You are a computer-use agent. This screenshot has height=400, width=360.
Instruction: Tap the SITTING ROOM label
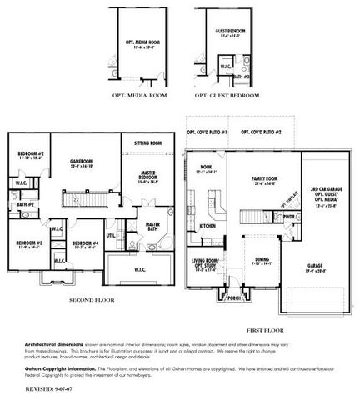148,142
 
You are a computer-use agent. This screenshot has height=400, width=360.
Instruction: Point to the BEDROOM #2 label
30,154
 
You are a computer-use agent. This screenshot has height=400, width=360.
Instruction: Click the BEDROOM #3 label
29,243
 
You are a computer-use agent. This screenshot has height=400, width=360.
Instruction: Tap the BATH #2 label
24,204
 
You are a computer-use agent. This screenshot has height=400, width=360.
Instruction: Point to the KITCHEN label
208,225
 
